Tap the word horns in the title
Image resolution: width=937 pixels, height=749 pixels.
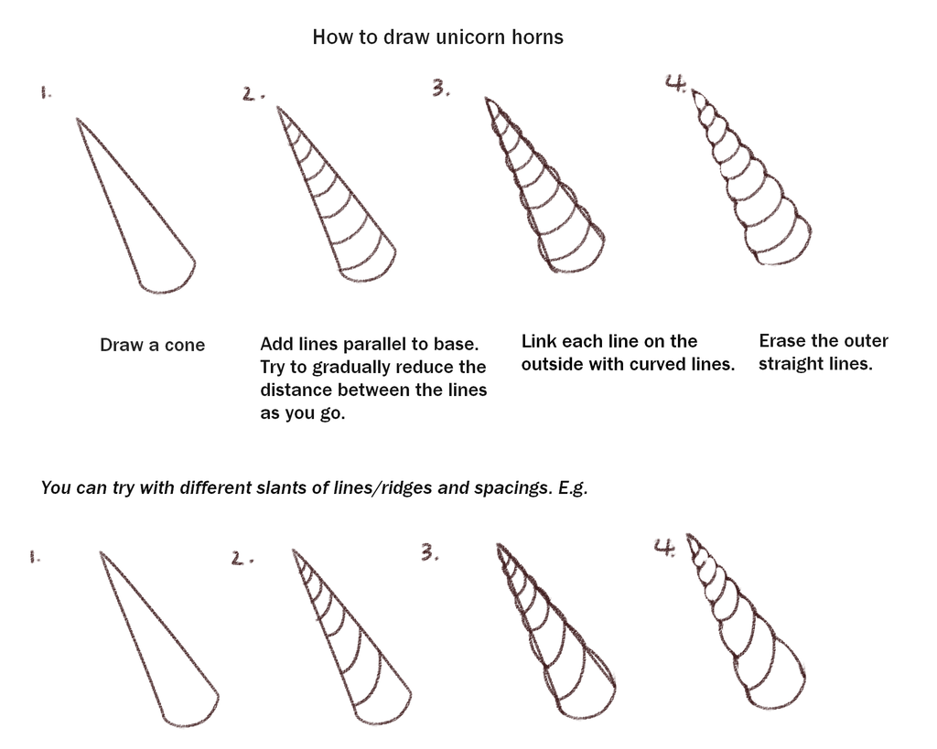[x=539, y=37]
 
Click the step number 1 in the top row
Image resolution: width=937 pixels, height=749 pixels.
[x=45, y=92]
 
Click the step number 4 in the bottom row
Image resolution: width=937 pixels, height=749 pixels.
[x=664, y=547]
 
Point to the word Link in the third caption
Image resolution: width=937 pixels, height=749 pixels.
[x=538, y=342]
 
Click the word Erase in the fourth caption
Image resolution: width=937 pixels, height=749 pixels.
[x=781, y=341]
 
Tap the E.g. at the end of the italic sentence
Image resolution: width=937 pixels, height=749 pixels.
[x=572, y=487]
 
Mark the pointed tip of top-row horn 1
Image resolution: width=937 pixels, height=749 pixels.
[x=78, y=119]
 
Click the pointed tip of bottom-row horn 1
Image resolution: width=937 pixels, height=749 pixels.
[x=100, y=552]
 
